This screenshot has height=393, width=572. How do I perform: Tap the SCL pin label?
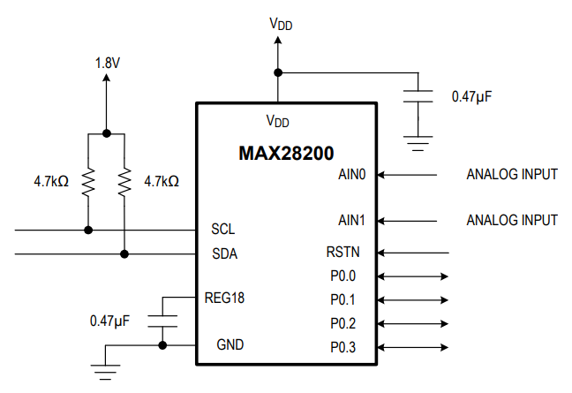223,230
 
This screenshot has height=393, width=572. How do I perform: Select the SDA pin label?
224,254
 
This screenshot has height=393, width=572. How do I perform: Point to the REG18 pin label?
224,298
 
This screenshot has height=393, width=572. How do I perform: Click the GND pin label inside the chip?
230,344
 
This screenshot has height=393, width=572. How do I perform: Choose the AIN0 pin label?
351,174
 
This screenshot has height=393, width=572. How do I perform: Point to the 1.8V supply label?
107,64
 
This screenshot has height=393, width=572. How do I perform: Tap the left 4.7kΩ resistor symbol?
88,181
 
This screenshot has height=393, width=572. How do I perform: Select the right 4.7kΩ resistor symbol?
124,181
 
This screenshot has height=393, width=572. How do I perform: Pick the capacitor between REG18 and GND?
162,320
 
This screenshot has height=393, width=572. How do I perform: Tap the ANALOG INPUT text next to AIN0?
511,174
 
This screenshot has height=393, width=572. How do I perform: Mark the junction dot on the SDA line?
124,254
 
